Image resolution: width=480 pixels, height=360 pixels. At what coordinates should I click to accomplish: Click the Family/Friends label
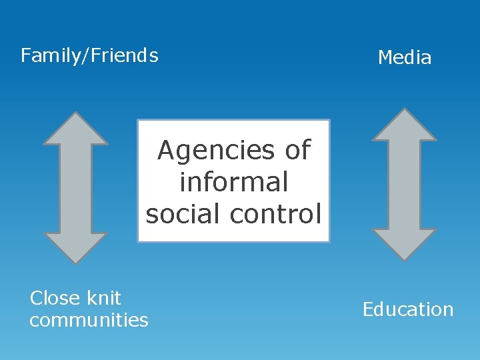(x=89, y=55)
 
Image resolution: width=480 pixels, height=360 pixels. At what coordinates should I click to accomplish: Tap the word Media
(x=405, y=58)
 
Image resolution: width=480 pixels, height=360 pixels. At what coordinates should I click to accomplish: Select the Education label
(x=408, y=309)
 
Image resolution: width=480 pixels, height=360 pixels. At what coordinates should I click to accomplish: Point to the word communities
(x=89, y=321)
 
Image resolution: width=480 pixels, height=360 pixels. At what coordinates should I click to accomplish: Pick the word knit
(x=103, y=298)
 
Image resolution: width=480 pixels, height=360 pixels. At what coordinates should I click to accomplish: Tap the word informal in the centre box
(x=233, y=182)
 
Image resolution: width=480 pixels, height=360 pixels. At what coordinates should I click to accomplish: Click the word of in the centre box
(x=298, y=151)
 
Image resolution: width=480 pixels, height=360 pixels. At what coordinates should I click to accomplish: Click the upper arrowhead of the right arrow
(x=404, y=126)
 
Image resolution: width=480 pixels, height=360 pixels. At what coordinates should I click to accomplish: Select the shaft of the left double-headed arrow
(x=75, y=187)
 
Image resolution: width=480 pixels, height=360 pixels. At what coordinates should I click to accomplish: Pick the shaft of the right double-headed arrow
(x=404, y=185)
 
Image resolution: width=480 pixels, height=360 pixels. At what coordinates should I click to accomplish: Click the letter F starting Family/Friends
(x=26, y=55)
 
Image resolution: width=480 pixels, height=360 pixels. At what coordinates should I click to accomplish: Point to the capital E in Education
(x=368, y=309)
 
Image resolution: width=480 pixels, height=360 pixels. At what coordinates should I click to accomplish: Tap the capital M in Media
(x=385, y=58)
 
